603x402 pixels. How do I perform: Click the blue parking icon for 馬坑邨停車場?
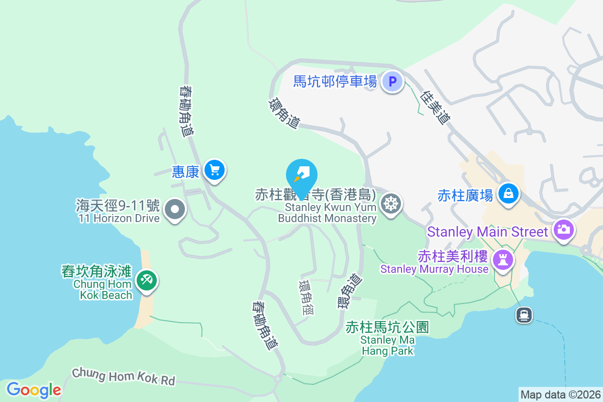pyautogui.click(x=392, y=81)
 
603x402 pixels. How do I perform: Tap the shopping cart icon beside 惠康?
pyautogui.click(x=215, y=171)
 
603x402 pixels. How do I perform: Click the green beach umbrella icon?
pyautogui.click(x=147, y=280)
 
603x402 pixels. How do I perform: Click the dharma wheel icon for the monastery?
pyautogui.click(x=390, y=204)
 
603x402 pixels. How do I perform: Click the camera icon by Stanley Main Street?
pyautogui.click(x=563, y=230)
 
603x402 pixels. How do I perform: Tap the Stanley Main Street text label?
pyautogui.click(x=487, y=232)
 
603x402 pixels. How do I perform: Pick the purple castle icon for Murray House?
pyautogui.click(x=501, y=259)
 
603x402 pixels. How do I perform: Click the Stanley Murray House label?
pyautogui.click(x=434, y=269)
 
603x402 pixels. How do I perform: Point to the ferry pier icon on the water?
pyautogui.click(x=524, y=315)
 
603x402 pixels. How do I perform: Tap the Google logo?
pyautogui.click(x=34, y=389)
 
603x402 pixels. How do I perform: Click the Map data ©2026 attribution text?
pyautogui.click(x=560, y=395)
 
